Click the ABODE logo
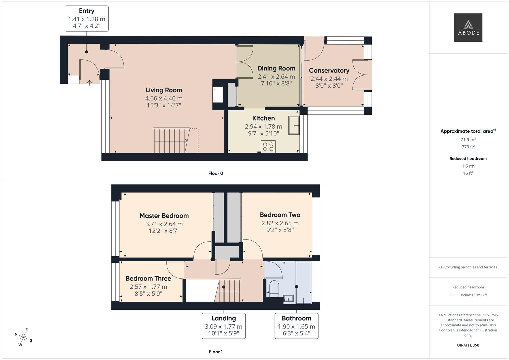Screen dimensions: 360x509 point(468,27)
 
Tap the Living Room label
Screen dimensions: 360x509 point(164,90)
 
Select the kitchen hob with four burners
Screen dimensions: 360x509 point(268,147)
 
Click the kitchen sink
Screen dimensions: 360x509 point(294,126)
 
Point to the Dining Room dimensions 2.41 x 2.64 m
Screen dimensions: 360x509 point(276,77)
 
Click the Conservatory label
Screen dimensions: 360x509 point(329,70)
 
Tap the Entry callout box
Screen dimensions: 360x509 point(87,19)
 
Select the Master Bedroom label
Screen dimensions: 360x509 point(164,216)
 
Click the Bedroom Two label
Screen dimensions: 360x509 point(280,215)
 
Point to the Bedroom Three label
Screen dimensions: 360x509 point(148,278)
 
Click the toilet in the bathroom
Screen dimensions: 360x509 point(274,288)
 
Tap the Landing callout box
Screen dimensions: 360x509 point(223,326)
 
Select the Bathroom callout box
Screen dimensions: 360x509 point(296,326)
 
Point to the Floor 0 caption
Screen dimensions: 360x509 point(216,173)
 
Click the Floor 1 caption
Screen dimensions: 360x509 point(216,352)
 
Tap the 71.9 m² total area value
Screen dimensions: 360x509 point(468,140)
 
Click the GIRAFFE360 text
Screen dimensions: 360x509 point(468,345)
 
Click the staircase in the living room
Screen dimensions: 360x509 point(171,140)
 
